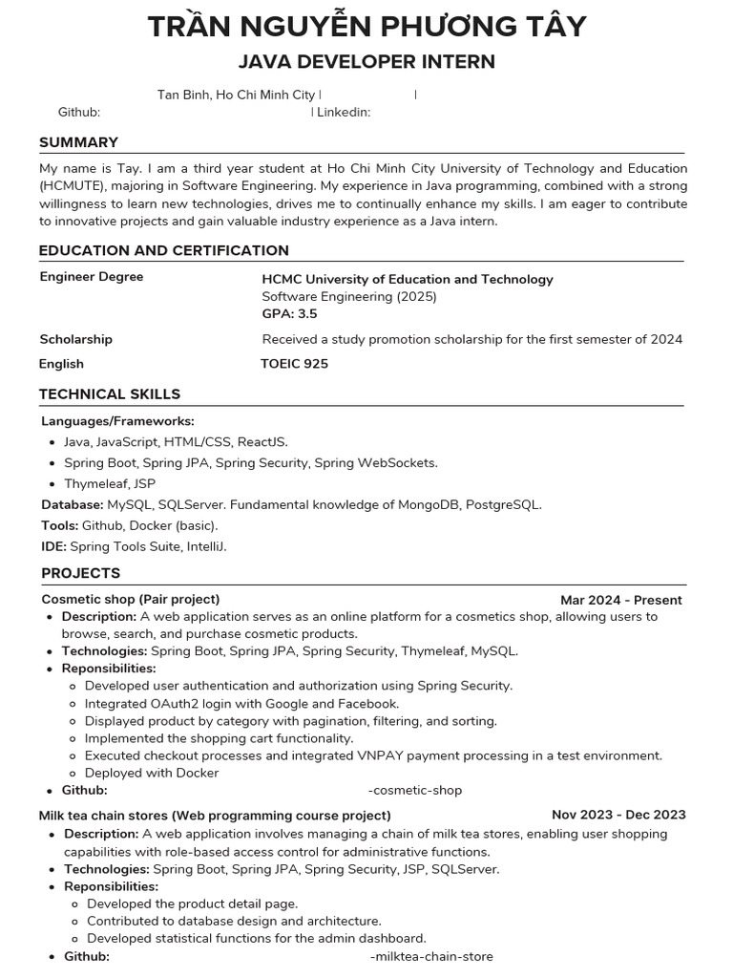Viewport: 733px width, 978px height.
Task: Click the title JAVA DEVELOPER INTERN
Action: (366, 62)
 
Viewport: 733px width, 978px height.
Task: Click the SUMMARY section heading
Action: (78, 142)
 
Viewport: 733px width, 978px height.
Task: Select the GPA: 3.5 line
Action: (289, 313)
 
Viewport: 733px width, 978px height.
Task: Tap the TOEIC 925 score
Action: (294, 364)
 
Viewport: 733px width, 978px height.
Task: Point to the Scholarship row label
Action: (75, 339)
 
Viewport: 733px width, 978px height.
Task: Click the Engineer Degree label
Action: (91, 277)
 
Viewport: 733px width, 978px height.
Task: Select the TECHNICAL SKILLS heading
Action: (109, 393)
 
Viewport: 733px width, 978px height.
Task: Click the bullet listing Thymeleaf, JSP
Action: (109, 483)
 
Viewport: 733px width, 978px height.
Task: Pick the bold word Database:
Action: (73, 504)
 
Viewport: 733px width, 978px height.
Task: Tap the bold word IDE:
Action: (53, 546)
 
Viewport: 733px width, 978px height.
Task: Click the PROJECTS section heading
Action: (80, 573)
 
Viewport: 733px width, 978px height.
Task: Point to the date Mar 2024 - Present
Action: (620, 600)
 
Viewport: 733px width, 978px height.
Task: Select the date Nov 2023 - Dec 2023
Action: (618, 815)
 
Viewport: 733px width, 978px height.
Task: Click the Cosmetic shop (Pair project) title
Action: (130, 599)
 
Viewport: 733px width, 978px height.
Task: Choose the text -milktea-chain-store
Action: (430, 956)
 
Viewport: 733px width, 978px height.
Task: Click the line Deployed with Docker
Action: (151, 773)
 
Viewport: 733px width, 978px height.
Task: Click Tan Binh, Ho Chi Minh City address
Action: (236, 95)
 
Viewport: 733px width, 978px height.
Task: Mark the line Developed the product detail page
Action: (192, 903)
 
